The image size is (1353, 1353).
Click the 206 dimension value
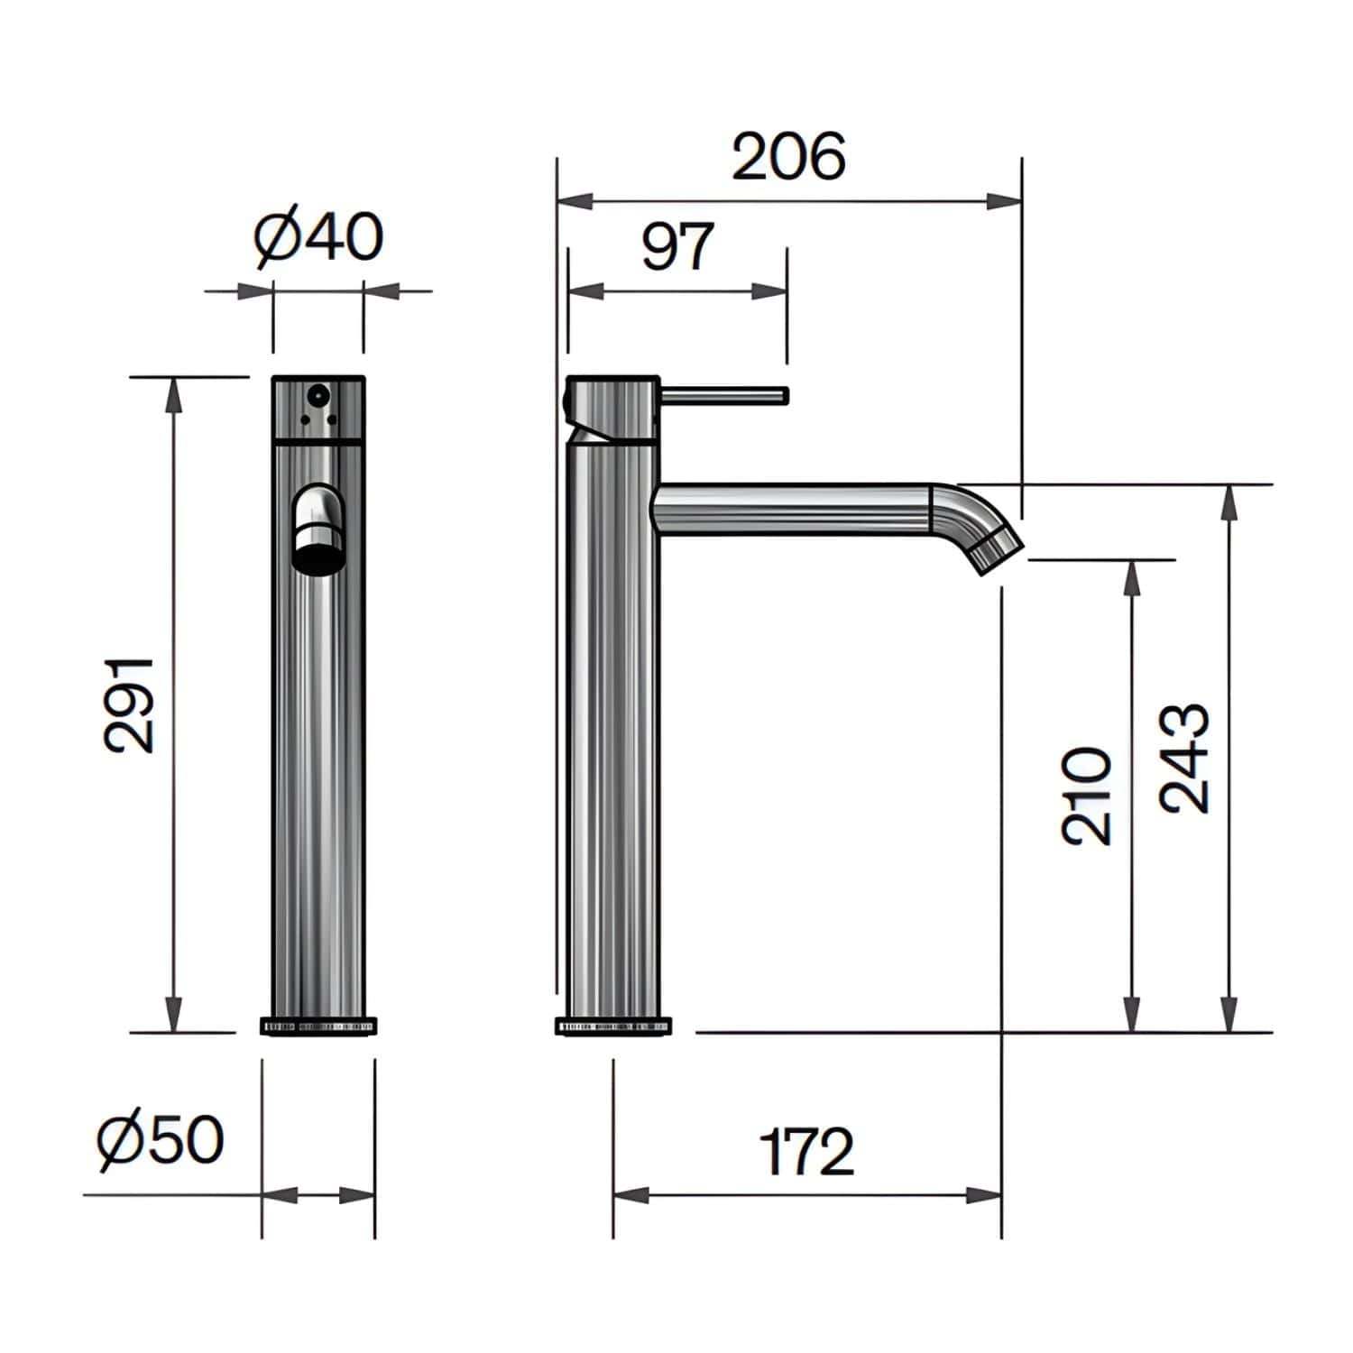[x=789, y=157]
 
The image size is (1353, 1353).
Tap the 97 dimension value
[x=677, y=245]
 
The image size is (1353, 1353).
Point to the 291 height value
[x=129, y=704]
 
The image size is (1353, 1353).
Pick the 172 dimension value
[x=806, y=1151]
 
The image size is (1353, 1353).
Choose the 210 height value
[x=1087, y=796]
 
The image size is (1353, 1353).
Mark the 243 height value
[x=1183, y=759]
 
